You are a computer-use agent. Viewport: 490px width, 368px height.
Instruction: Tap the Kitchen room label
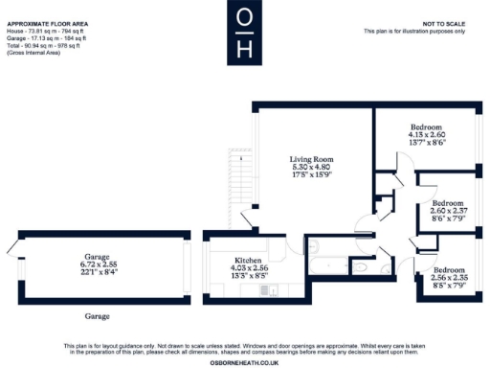[x=234, y=260]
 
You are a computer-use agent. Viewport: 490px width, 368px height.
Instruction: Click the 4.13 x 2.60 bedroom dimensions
[x=426, y=135]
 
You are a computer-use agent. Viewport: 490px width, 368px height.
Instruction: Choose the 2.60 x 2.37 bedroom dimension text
[x=448, y=212]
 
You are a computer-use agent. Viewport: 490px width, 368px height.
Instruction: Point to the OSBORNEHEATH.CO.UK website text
[x=245, y=361]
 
